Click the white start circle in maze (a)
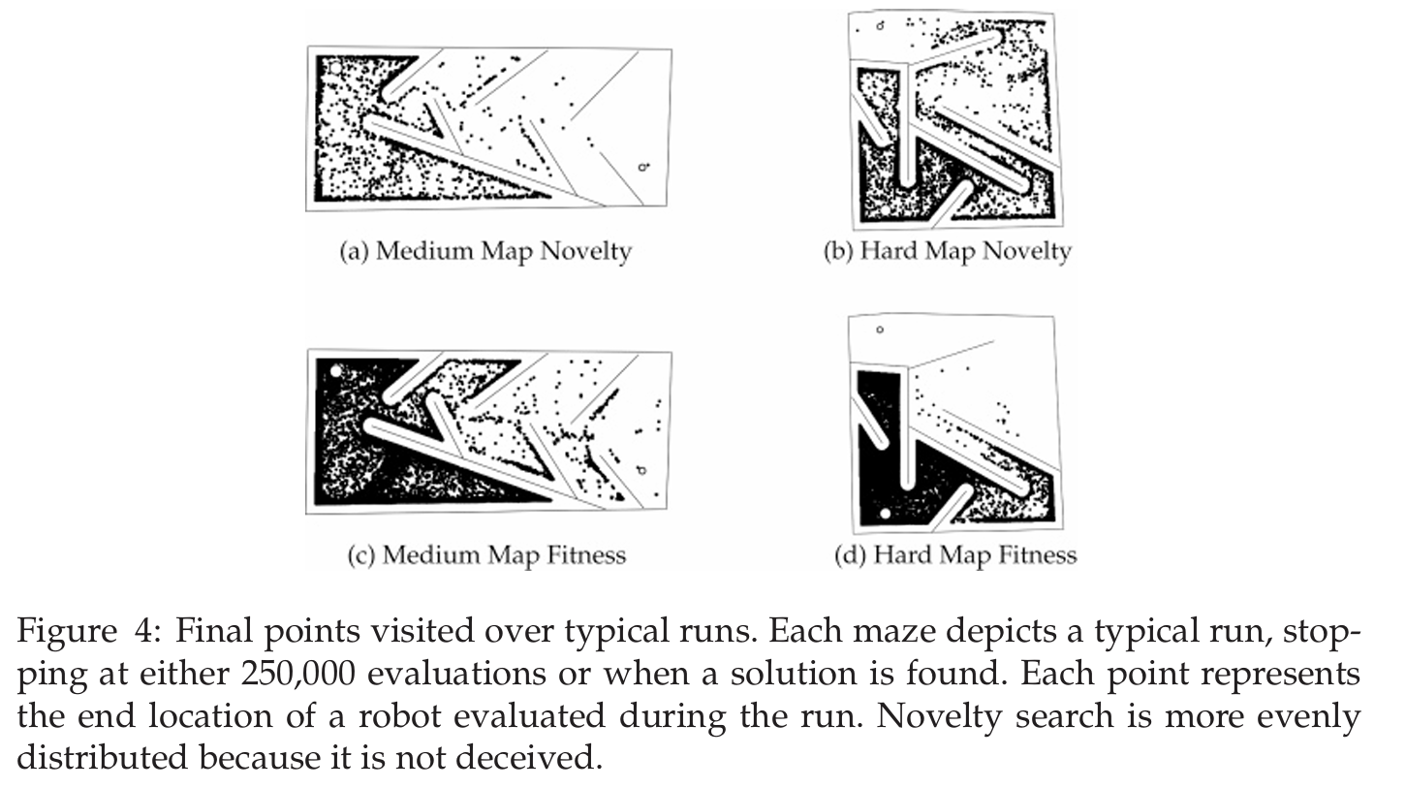coord(335,68)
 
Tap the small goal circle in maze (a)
coord(642,168)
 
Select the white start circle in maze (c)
coord(335,371)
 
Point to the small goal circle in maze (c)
coord(641,471)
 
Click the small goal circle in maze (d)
coord(880,330)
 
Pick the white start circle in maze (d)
coord(885,513)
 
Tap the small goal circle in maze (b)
coord(880,27)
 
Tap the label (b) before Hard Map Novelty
coord(838,251)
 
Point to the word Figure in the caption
coord(66,632)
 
